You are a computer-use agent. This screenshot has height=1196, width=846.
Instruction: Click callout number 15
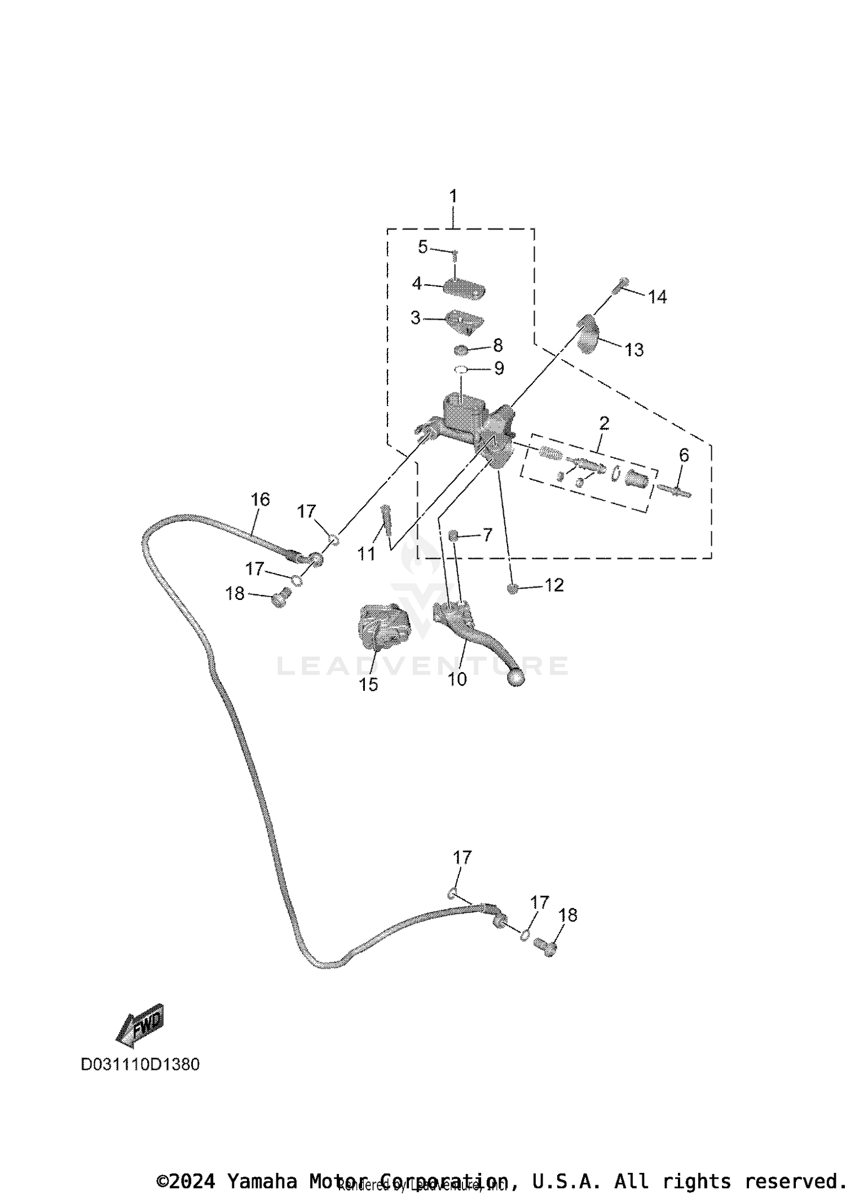point(368,685)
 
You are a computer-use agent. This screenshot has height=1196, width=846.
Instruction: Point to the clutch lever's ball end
point(515,677)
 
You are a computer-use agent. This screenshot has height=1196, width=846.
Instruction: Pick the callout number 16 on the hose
point(261,499)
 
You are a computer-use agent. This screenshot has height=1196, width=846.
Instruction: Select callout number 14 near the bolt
point(657,297)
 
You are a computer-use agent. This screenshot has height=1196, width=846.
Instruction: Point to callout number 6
point(684,454)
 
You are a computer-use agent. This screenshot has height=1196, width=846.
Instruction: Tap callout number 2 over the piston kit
point(604,422)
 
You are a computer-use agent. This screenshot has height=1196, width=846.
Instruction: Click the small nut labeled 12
point(513,589)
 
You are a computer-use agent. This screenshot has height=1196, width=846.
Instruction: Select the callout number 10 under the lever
point(457,679)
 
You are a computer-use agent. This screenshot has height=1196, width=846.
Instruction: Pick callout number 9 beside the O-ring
point(499,368)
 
